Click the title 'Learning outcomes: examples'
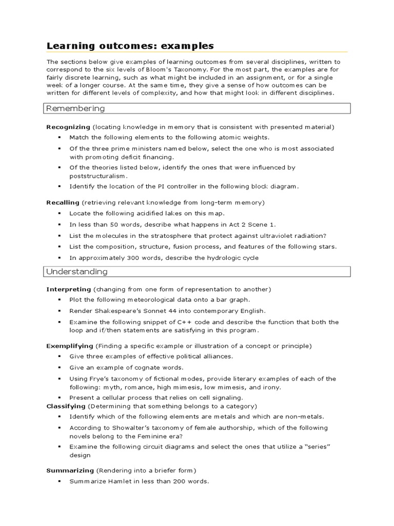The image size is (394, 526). tap(130, 46)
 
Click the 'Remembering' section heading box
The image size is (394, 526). tap(198, 108)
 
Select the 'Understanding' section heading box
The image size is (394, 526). tap(198, 271)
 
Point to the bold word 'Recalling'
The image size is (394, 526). tap(63, 202)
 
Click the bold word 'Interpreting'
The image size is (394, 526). tap(68, 289)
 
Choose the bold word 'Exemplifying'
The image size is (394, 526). tap(70, 346)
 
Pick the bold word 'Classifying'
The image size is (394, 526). tap(66, 406)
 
